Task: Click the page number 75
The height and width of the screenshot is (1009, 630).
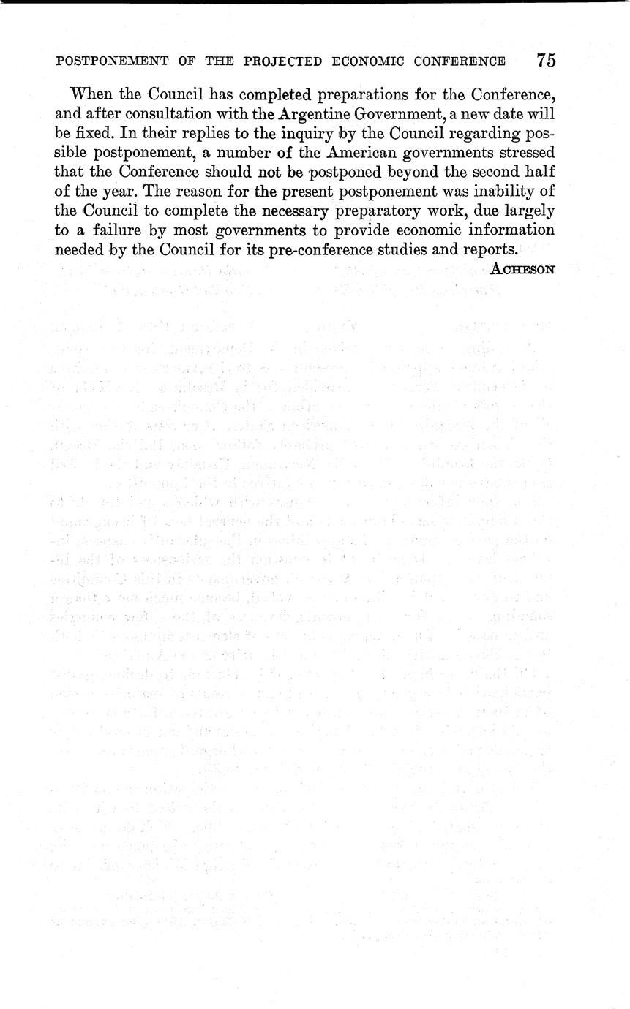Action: point(546,61)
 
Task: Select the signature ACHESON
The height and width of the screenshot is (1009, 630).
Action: point(523,268)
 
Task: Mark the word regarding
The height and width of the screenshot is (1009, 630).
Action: point(484,134)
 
